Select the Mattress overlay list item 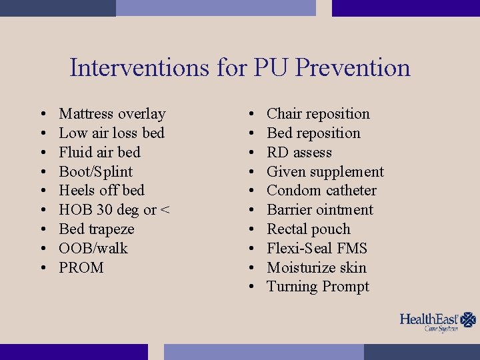(x=112, y=114)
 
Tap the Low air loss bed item (x=111, y=133)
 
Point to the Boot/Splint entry (x=95, y=171)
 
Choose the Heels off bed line (x=101, y=191)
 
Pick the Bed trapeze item (x=97, y=229)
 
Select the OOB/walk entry (x=93, y=249)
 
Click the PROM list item (x=81, y=268)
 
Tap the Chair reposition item (x=318, y=114)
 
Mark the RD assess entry (x=299, y=153)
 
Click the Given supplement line (x=325, y=172)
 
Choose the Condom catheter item (x=321, y=191)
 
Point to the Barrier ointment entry (x=320, y=210)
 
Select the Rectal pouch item (x=308, y=229)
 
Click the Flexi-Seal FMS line (x=317, y=249)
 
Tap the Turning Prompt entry (x=318, y=287)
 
